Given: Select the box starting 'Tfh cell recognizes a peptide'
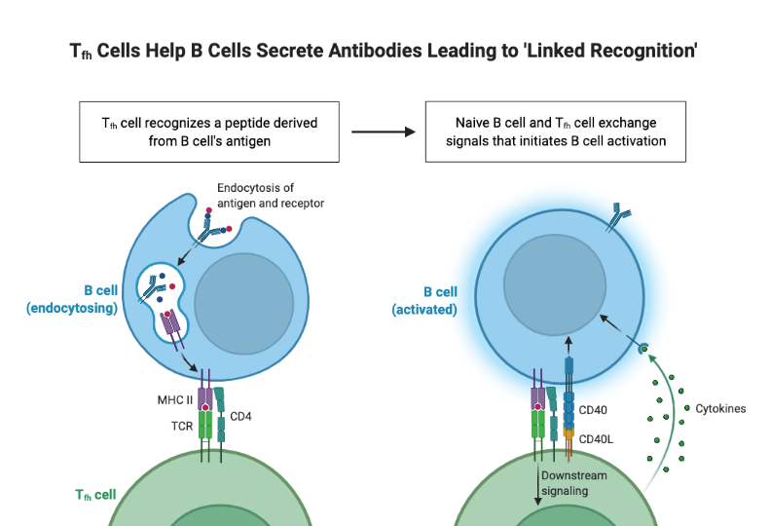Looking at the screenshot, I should [x=209, y=131].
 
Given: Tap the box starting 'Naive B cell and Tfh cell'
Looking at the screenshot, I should [x=556, y=131].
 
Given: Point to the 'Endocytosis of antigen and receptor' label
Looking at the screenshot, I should [x=271, y=195].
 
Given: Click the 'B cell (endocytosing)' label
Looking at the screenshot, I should [x=73, y=299].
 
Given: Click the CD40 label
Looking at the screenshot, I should [x=593, y=410].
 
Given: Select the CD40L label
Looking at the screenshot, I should [x=596, y=439].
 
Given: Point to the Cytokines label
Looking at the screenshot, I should [x=720, y=408].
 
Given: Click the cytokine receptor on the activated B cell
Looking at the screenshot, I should [x=642, y=348].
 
